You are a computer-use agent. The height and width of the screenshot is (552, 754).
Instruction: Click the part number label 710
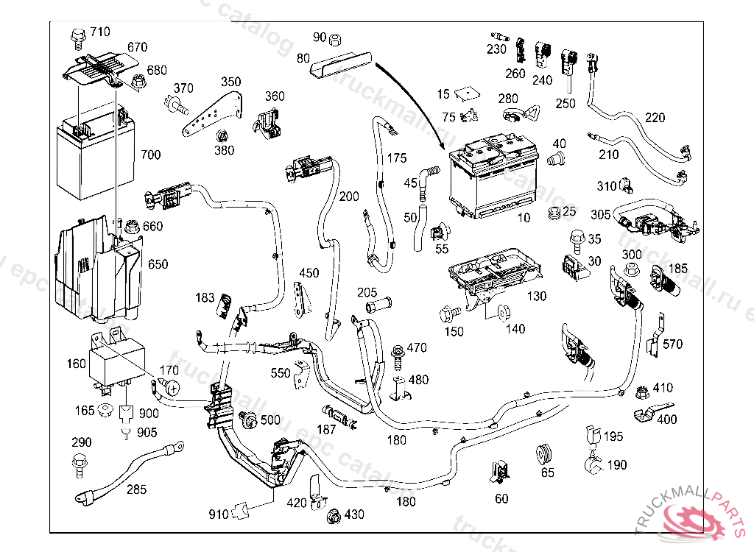[99, 32]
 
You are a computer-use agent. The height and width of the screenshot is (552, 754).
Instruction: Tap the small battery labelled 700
[94, 156]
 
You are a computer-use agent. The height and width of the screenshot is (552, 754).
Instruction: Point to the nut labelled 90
[333, 38]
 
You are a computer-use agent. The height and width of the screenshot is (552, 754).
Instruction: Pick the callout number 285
[135, 489]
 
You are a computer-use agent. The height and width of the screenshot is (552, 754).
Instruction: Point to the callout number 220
[654, 118]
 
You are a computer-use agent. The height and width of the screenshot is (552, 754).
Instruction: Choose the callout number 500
[270, 420]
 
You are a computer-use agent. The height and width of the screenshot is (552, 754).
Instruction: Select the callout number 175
[396, 158]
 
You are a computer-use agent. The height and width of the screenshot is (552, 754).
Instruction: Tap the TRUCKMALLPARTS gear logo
[696, 519]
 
